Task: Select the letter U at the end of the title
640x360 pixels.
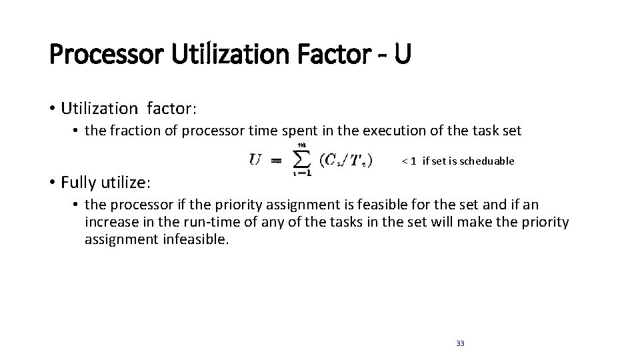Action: (401, 54)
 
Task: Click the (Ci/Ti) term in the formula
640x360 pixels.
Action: (346, 161)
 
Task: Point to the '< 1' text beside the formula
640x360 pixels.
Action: (409, 161)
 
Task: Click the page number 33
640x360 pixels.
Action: (460, 343)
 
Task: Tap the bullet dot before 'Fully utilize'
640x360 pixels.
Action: (53, 181)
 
